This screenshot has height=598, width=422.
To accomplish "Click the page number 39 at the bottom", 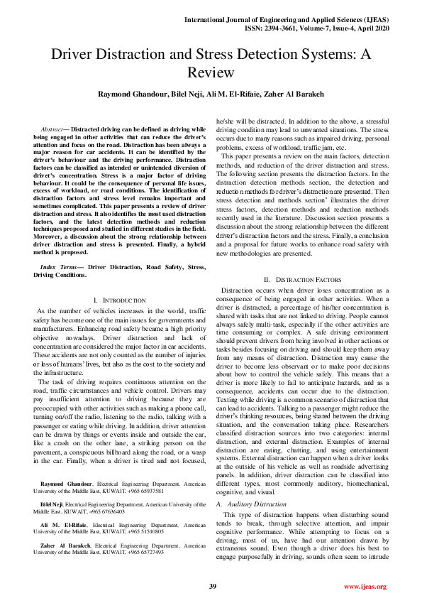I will tap(212, 586).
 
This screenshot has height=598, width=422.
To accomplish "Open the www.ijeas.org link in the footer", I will tap(365, 586).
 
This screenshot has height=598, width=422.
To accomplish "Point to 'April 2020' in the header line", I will tap(370, 20).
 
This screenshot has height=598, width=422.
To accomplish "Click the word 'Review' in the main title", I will tap(211, 72).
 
